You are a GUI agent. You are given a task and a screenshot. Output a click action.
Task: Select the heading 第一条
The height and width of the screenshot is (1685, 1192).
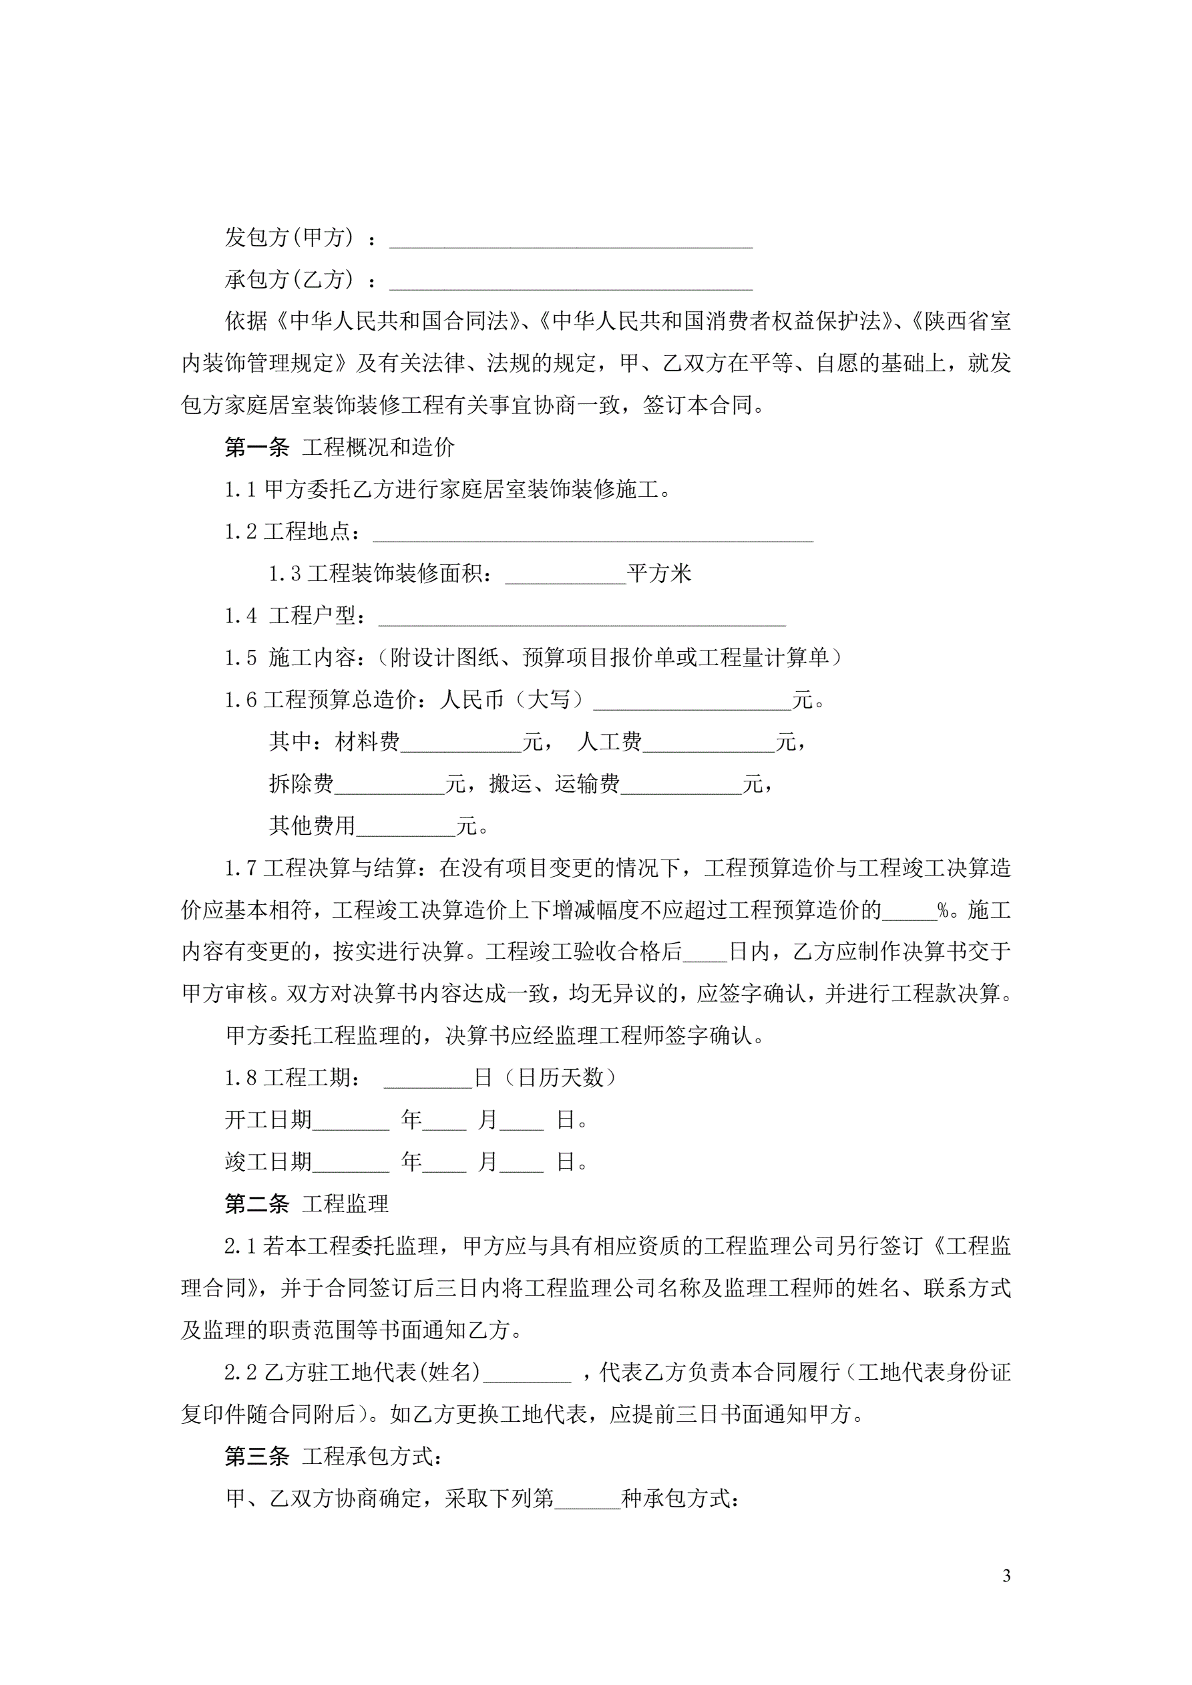(x=257, y=447)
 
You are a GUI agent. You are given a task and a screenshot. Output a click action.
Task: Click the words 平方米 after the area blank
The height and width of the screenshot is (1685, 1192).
(x=659, y=573)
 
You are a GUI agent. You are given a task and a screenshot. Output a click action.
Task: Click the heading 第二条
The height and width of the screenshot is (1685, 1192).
(x=257, y=1204)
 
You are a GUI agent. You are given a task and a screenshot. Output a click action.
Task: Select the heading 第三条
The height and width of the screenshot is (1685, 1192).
(x=257, y=1457)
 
